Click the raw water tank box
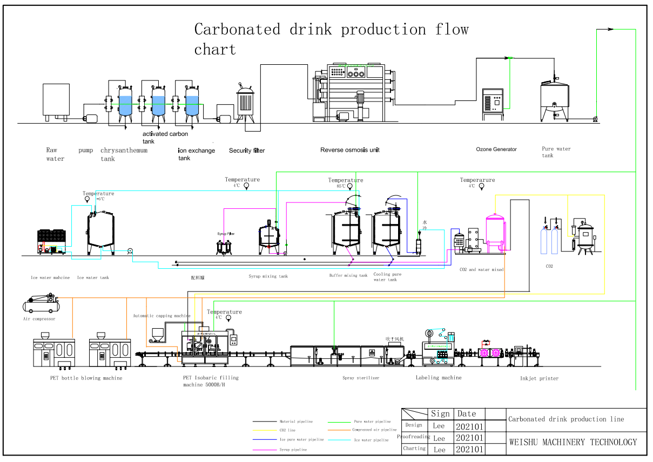click(x=56, y=99)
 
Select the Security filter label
click(x=247, y=151)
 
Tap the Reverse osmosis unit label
click(x=349, y=150)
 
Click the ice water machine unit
click(x=51, y=241)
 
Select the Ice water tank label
click(x=93, y=278)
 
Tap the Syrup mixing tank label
click(x=268, y=276)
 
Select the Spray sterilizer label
click(x=361, y=378)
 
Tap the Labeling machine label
click(x=439, y=378)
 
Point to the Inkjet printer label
click(x=539, y=378)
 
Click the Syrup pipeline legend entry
click(x=293, y=450)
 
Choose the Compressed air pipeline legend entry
click(x=374, y=430)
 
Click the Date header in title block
click(x=467, y=414)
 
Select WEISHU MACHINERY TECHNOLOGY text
click(x=573, y=442)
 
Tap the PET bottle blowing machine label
click(x=86, y=378)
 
